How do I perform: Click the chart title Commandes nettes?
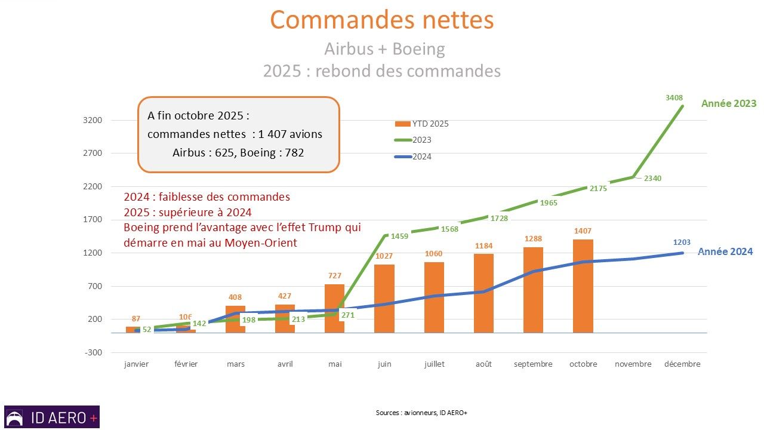click(382, 20)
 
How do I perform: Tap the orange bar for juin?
click(384, 298)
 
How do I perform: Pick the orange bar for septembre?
click(534, 290)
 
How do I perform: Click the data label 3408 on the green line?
click(674, 97)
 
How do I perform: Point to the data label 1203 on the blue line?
click(682, 242)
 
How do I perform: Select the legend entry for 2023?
click(422, 140)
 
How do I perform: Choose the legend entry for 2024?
click(422, 156)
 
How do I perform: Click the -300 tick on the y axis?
click(94, 352)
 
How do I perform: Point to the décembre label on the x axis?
click(682, 364)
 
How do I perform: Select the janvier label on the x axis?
click(136, 364)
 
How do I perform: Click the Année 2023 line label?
click(728, 103)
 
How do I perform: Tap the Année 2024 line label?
click(725, 251)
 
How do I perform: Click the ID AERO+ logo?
click(52, 417)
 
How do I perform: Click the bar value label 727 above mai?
click(334, 275)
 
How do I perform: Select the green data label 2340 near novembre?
click(653, 178)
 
